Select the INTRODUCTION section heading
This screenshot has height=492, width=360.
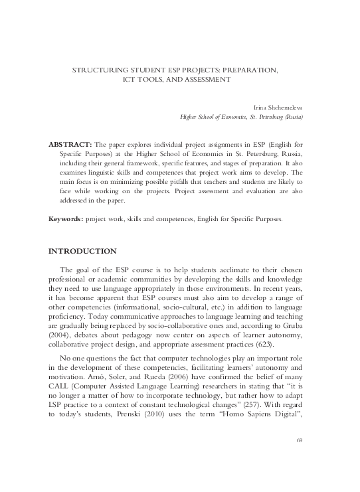click(83, 252)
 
